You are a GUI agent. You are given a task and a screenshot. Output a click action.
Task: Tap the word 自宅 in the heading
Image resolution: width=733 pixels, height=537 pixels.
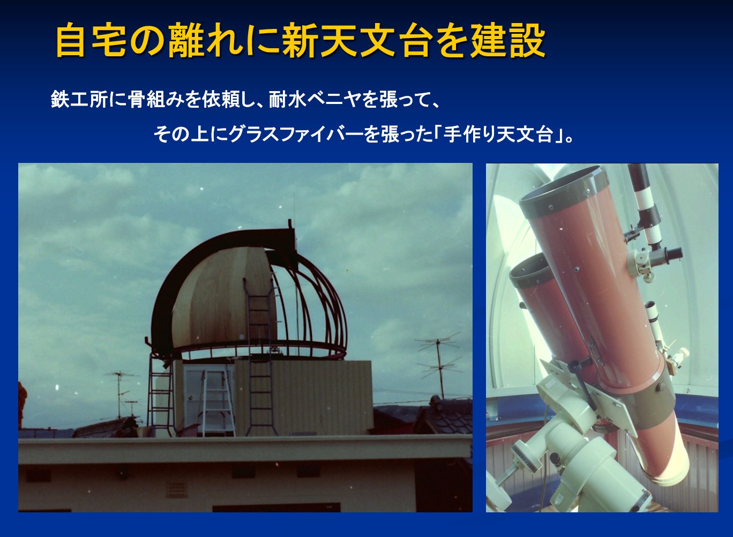91,41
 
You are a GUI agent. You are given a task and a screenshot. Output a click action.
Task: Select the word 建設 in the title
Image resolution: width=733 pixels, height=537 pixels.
508,41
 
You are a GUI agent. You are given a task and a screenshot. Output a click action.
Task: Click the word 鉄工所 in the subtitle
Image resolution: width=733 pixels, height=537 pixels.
79,99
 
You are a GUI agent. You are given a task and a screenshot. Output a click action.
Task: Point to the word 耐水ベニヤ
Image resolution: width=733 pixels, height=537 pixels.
315,99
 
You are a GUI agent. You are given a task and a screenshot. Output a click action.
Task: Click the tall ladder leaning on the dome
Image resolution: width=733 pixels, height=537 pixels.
260,357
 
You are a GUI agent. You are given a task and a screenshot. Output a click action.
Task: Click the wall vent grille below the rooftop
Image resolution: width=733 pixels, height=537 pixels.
177,490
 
